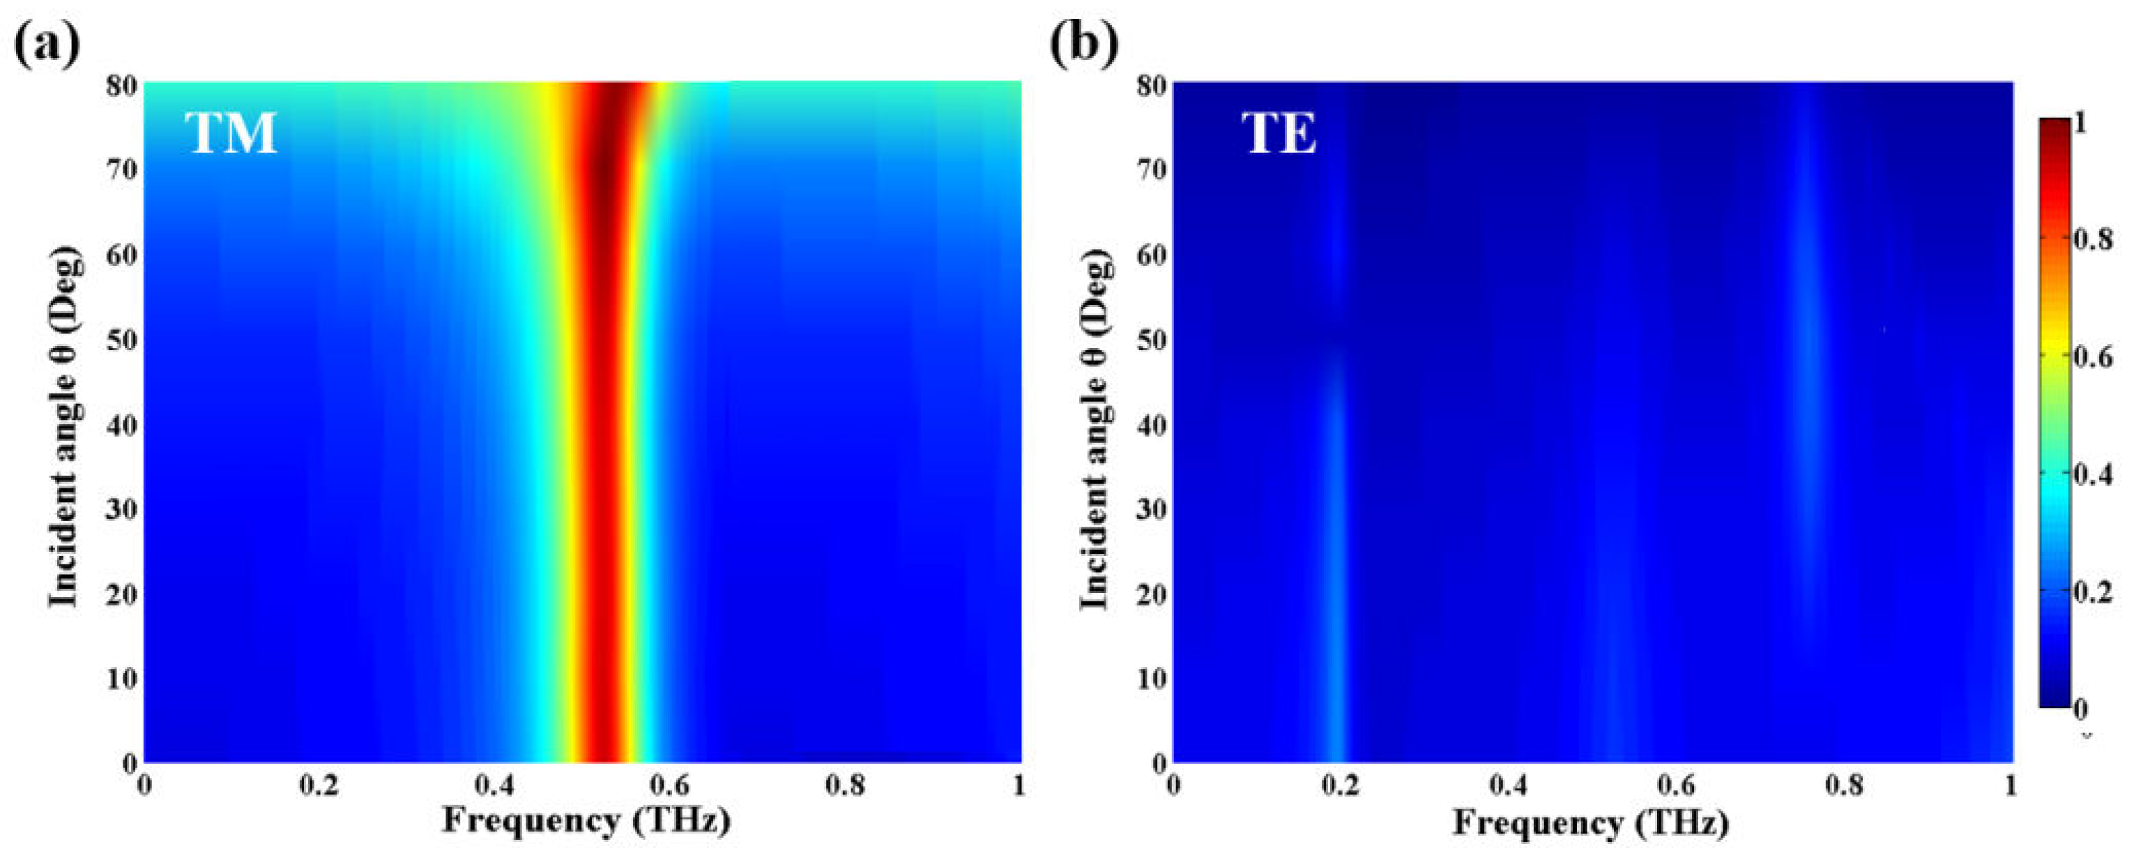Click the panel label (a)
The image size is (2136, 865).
tap(47, 43)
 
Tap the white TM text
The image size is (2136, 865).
tap(231, 133)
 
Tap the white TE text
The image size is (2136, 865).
tap(1279, 133)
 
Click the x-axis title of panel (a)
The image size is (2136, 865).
tap(586, 821)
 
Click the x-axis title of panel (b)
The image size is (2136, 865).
tap(1590, 822)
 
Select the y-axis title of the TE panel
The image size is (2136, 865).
tap(1096, 428)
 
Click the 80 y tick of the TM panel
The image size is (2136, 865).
tap(121, 84)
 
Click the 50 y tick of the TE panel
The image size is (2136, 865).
tap(1151, 340)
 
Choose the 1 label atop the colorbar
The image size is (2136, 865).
tap(2080, 123)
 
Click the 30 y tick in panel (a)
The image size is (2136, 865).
tap(121, 509)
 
